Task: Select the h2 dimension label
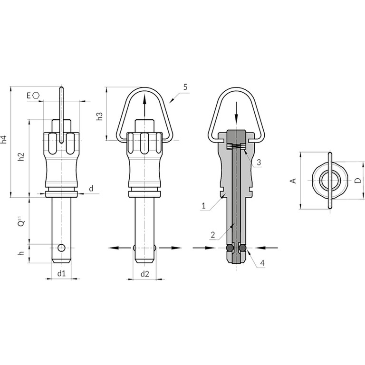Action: (x=21, y=157)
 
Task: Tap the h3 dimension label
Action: (x=99, y=116)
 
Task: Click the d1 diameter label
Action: (x=61, y=274)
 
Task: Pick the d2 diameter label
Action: (x=144, y=274)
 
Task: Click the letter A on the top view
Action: (x=294, y=181)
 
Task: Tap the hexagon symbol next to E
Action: (x=36, y=95)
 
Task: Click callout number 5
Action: (x=185, y=87)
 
